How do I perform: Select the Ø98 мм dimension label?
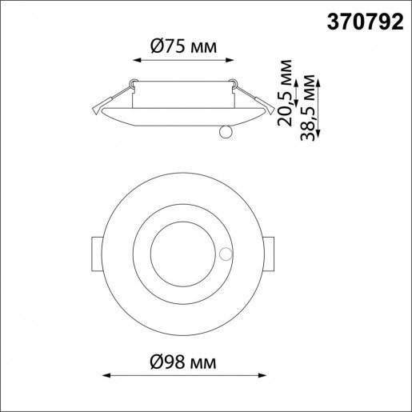183,360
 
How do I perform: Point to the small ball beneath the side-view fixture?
225,131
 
